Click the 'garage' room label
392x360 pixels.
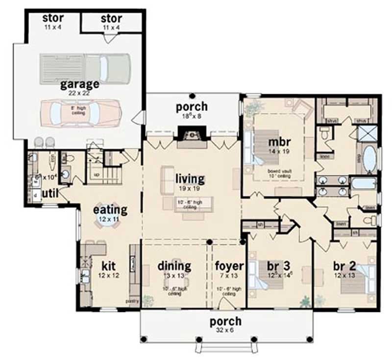(x=80, y=84)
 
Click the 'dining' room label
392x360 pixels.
(x=174, y=266)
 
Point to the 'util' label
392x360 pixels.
(x=50, y=194)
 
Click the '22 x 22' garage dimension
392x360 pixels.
(x=80, y=93)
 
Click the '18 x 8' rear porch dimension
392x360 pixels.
(x=192, y=116)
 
